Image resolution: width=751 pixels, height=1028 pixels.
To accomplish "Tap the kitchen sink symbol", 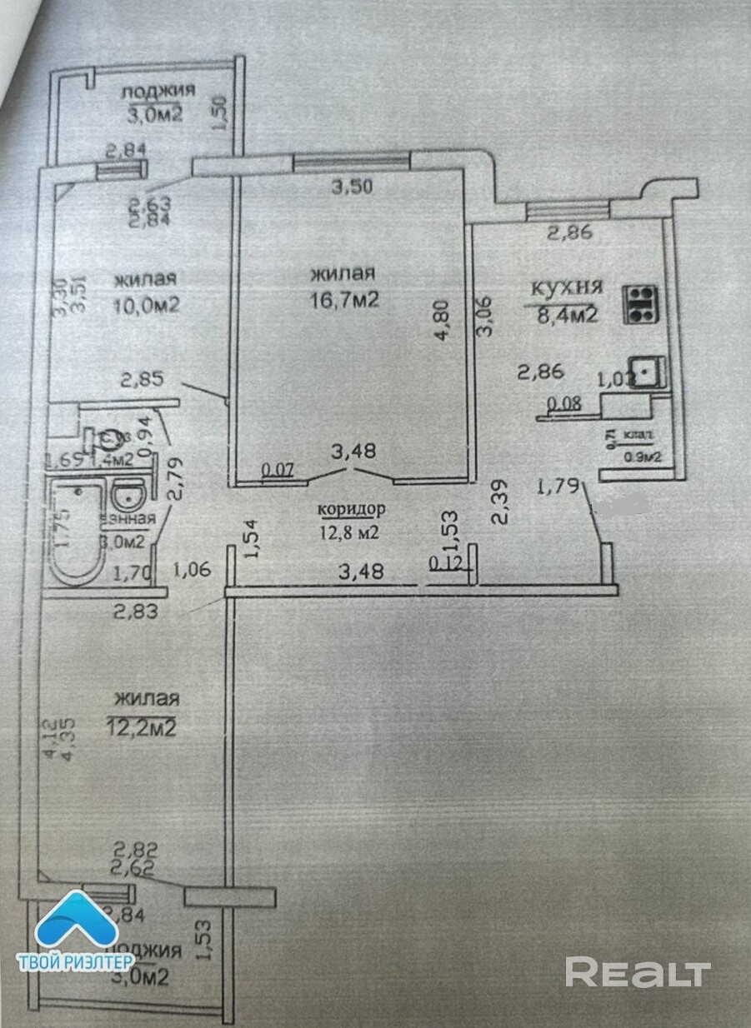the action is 645,372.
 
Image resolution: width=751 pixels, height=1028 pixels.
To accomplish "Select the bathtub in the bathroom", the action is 76,532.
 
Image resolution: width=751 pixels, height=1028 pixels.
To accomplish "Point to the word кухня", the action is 567,288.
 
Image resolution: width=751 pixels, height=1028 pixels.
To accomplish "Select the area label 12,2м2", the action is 141,728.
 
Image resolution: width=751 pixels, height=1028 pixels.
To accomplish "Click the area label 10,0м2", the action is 147,305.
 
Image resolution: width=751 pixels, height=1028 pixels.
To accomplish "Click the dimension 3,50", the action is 353,187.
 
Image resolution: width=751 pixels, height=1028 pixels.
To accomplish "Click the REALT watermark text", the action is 638,972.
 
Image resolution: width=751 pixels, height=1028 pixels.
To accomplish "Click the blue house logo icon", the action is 74,922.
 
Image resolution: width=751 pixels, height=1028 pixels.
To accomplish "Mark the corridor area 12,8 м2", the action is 348,532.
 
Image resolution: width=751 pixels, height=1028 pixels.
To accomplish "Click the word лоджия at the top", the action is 158,90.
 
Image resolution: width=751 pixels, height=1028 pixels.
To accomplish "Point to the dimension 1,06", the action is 193,570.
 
